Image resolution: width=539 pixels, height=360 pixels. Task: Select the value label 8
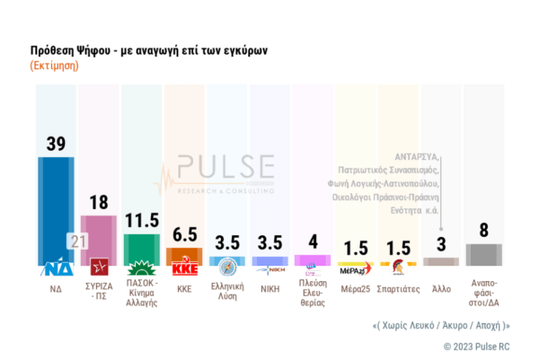[483, 231]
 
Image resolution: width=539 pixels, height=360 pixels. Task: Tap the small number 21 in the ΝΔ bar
[77, 241]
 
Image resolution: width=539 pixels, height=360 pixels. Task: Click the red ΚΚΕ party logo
[183, 268]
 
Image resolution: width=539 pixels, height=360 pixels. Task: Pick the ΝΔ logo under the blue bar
[55, 268]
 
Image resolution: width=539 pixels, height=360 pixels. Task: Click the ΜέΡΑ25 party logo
[357, 268]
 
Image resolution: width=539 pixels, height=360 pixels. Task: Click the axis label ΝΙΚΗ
[269, 289]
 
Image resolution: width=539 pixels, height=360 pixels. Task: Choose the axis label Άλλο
[440, 289]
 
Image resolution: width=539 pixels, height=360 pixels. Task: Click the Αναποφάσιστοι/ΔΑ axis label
[483, 295]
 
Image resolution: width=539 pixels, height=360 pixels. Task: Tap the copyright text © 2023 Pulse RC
[476, 346]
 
